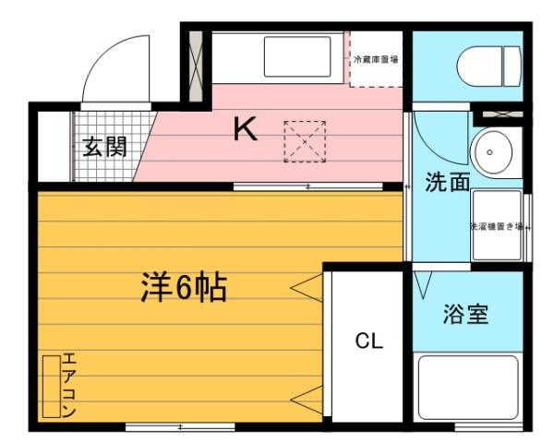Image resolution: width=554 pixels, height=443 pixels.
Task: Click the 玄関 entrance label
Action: tap(104, 147)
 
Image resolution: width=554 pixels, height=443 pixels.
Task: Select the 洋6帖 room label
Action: tap(184, 289)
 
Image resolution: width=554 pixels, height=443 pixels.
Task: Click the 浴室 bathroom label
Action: tap(465, 314)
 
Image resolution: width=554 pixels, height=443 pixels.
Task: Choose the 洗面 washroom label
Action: tap(447, 182)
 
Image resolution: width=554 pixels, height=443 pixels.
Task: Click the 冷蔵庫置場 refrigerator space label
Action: tap(376, 59)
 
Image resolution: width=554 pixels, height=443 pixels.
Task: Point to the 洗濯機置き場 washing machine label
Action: tap(497, 226)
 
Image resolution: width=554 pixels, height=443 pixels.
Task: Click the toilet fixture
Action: tap(488, 62)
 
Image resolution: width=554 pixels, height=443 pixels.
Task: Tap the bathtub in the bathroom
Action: tap(468, 389)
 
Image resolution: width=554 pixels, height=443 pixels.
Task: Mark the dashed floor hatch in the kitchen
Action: tap(304, 141)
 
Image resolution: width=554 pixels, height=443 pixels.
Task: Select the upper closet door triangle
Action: tap(304, 288)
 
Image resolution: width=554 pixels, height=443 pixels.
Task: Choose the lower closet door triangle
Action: tap(304, 399)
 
